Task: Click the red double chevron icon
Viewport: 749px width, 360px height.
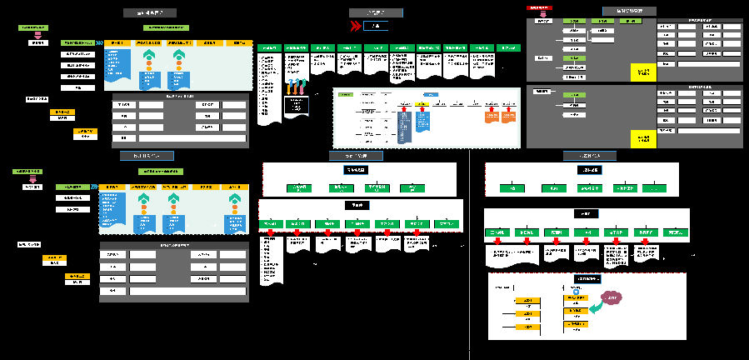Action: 357,26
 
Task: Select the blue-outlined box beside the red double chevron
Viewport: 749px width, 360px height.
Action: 377,26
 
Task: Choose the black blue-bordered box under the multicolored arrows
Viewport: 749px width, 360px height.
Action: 296,105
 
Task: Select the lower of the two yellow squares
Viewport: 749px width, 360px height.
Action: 642,137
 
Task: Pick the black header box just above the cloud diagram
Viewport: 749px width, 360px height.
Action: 587,278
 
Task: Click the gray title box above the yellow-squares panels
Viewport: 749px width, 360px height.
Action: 628,11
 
